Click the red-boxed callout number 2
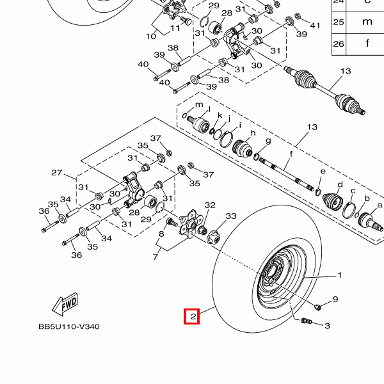(x=192, y=316)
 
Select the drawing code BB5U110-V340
(x=68, y=326)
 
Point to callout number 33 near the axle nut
(x=230, y=217)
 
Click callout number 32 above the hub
(x=210, y=205)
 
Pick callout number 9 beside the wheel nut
(x=335, y=300)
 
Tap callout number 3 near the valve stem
(x=327, y=326)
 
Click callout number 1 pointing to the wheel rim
(x=339, y=276)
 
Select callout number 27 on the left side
(x=56, y=173)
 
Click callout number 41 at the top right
(x=314, y=25)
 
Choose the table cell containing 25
(x=339, y=22)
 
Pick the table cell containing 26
(x=339, y=44)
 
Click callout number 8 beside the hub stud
(x=161, y=235)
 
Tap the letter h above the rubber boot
(x=252, y=133)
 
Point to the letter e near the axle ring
(x=323, y=172)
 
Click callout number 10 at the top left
(x=151, y=36)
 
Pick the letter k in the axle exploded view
(x=220, y=116)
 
